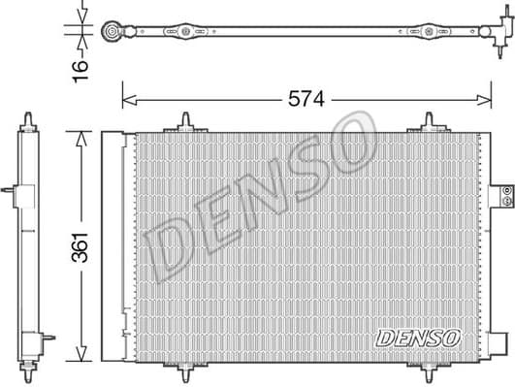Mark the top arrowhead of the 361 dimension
click(x=81, y=133)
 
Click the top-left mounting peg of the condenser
click(x=183, y=122)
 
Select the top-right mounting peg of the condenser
click(x=430, y=122)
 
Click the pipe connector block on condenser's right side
click(x=501, y=194)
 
